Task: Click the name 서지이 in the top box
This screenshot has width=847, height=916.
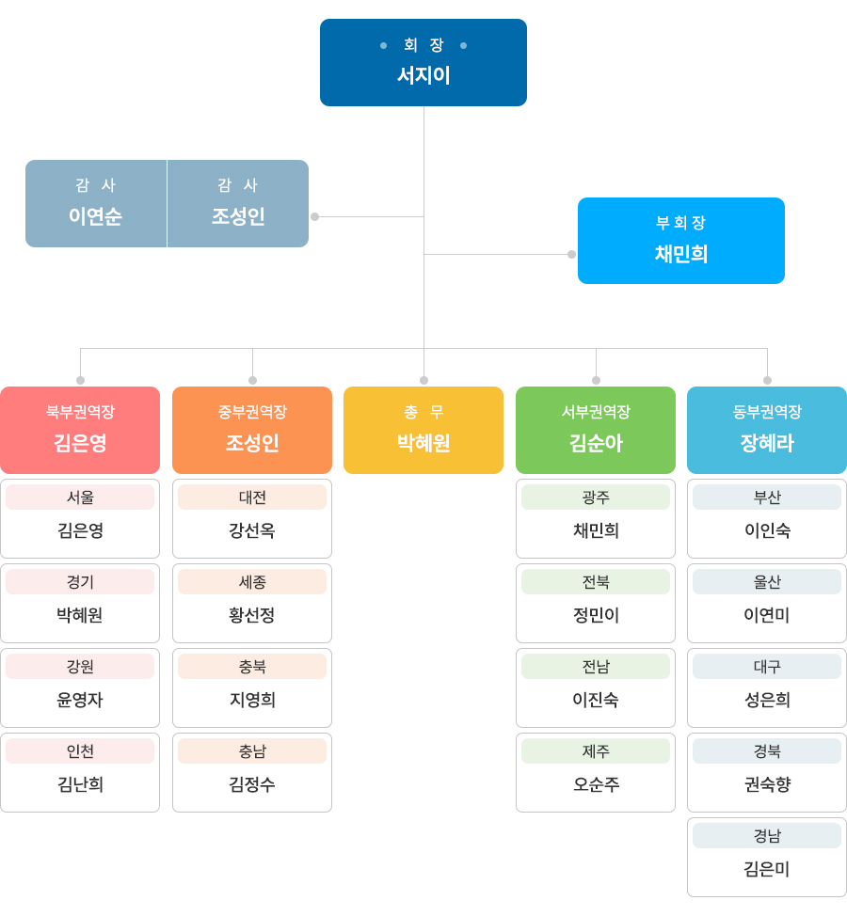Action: tap(423, 75)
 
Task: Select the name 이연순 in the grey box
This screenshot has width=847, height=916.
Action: tap(95, 216)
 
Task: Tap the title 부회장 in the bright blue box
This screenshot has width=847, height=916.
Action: tap(680, 223)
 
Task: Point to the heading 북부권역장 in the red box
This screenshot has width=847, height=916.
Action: tap(80, 412)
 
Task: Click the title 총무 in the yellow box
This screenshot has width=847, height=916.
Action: tap(423, 412)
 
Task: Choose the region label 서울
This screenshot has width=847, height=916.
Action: tap(80, 497)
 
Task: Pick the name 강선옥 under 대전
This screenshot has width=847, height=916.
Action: tap(252, 530)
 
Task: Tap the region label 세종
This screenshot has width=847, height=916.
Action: tap(252, 582)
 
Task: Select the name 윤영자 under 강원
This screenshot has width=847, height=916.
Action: tap(80, 700)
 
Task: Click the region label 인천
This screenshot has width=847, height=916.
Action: tap(80, 751)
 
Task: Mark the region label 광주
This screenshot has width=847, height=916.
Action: tap(596, 497)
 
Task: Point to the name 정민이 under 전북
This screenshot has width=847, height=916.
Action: tap(596, 615)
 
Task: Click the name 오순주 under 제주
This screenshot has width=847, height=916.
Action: tap(596, 784)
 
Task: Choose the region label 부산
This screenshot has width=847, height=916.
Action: tap(767, 497)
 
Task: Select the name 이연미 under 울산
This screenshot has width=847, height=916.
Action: tap(767, 615)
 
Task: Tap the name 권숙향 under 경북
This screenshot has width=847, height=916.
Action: tap(767, 784)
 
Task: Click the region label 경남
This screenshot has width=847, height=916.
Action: tap(767, 836)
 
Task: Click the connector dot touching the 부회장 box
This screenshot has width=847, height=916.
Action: tap(571, 254)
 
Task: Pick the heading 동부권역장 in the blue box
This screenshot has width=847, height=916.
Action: tap(767, 412)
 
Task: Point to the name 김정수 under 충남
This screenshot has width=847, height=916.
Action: tap(252, 784)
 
